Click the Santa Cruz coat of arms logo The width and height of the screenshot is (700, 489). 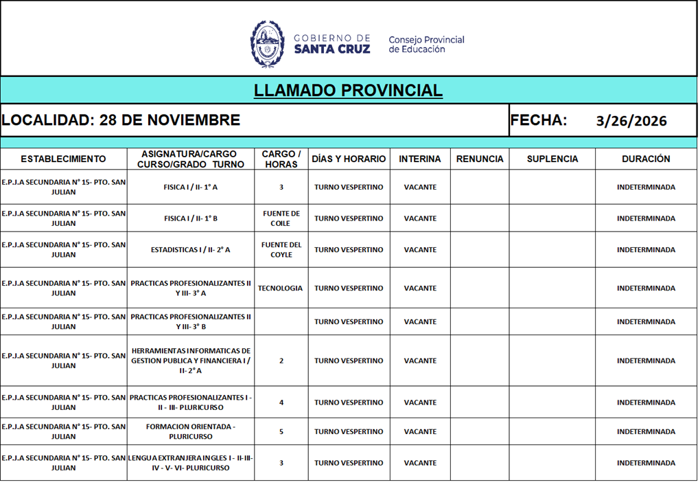tap(267, 43)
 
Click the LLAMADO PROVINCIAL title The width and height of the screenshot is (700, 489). tap(348, 91)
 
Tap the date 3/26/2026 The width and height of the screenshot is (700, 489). tap(631, 122)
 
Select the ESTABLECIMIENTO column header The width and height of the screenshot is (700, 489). tap(63, 159)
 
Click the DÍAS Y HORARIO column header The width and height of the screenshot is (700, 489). tap(349, 159)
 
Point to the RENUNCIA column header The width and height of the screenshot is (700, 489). tap(480, 159)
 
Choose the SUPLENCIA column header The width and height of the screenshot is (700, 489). tap(552, 159)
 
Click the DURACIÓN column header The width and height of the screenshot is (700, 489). tap(646, 159)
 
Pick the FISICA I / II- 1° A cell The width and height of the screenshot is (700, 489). tap(191, 187)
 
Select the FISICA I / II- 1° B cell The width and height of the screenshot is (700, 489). tap(191, 218)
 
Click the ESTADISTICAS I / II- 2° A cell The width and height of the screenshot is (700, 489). tap(191, 250)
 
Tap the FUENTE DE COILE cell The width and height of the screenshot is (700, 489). tap(281, 218)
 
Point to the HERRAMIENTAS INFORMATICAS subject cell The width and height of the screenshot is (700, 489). tap(191, 361)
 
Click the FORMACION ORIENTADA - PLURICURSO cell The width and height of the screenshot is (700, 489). tap(191, 431)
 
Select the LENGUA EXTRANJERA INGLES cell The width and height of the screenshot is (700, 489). tap(191, 463)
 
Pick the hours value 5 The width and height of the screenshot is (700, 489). tap(281, 432)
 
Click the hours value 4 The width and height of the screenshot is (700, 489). tap(281, 402)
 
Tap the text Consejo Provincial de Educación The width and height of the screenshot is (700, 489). tap(426, 45)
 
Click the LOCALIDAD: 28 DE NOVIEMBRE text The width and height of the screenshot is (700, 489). tap(121, 120)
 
